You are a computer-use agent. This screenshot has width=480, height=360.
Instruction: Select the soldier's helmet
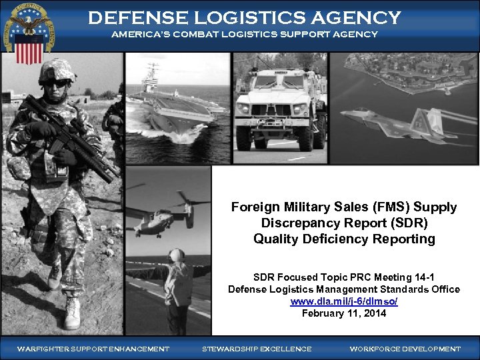tap(56, 71)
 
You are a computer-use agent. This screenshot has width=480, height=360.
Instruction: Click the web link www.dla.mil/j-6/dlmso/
tap(343, 301)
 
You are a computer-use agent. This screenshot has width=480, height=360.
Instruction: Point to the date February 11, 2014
tap(343, 313)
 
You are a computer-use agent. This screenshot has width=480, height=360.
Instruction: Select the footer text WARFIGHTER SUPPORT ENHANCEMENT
tap(93, 349)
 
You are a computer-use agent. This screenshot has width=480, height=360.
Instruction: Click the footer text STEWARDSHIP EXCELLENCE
tap(257, 349)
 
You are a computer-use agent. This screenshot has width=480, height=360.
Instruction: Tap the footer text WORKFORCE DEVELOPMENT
tap(405, 349)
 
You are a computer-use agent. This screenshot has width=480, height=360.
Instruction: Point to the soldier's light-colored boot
tap(72, 313)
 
